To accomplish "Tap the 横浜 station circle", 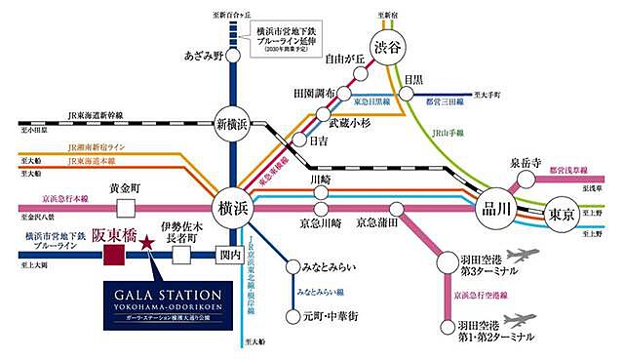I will point(232,209).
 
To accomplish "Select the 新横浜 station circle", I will point(232,125).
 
